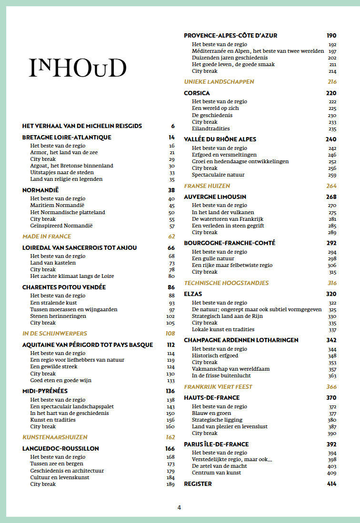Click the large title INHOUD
click(78, 69)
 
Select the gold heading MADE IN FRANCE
click(47, 237)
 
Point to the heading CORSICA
click(197, 93)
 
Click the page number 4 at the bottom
click(179, 507)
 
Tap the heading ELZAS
click(193, 294)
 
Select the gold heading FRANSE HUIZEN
click(207, 186)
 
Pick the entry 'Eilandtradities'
click(211, 128)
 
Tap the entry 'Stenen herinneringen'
click(58, 316)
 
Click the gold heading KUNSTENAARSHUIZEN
click(55, 437)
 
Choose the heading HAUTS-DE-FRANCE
click(212, 398)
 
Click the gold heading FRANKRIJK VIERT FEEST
click(218, 387)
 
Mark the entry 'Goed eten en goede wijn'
click(61, 380)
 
